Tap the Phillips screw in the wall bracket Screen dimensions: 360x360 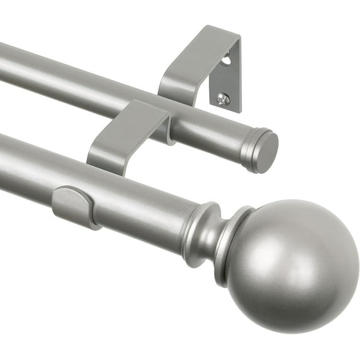223,98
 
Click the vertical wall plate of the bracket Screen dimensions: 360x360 226,79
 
